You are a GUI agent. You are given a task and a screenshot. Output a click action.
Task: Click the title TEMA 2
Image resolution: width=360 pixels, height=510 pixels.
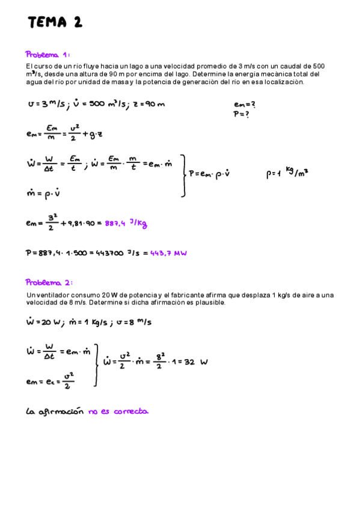point(55,23)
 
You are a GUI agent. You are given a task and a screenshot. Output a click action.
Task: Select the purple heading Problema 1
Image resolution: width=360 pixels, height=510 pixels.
point(48,54)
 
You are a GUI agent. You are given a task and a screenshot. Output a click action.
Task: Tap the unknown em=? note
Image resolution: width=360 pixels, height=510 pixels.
point(245,103)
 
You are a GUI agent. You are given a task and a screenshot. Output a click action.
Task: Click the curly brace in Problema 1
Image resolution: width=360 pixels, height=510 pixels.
point(184,175)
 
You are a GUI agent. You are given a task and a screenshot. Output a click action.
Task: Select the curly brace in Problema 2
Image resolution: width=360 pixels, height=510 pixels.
point(97,364)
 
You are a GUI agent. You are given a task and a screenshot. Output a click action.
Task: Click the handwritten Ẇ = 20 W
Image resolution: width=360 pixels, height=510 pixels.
point(45,322)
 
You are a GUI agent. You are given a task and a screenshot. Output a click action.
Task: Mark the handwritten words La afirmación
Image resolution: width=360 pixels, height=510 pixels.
point(55,412)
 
